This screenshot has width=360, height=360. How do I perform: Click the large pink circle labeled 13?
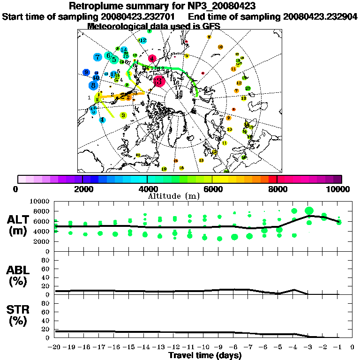pos(158,81)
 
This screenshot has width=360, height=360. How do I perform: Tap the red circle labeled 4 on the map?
pos(152,59)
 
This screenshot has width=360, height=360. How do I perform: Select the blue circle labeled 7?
pos(97,58)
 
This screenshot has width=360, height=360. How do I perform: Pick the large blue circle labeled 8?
pos(94,86)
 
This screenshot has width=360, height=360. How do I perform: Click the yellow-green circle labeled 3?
pos(123,115)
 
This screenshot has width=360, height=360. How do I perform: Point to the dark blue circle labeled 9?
pos(86,72)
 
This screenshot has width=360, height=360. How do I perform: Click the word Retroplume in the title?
pos(93,6)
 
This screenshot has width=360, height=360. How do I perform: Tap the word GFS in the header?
pos(210,26)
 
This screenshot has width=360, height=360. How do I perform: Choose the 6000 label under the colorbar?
pos(212,189)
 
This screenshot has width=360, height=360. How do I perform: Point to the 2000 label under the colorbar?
pos(82,189)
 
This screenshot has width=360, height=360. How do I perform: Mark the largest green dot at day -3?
pos(309,211)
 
